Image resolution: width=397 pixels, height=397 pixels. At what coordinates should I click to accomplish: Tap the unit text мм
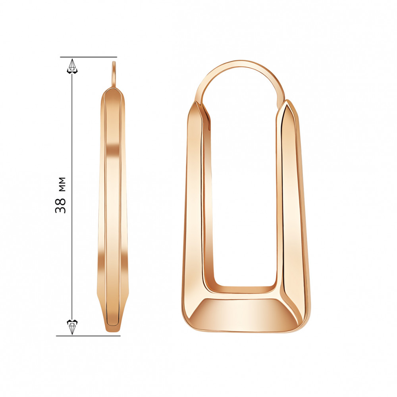click(60, 183)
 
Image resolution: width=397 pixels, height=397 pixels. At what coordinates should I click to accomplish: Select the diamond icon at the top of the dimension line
click(72, 66)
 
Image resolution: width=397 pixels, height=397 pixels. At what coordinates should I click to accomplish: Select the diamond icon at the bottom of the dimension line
click(72, 326)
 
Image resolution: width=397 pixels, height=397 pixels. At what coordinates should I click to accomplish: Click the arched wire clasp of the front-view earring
click(240, 66)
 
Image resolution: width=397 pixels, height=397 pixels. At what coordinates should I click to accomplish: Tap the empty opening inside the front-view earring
click(243, 198)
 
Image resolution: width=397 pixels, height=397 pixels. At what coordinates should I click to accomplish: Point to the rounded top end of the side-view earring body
click(112, 92)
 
